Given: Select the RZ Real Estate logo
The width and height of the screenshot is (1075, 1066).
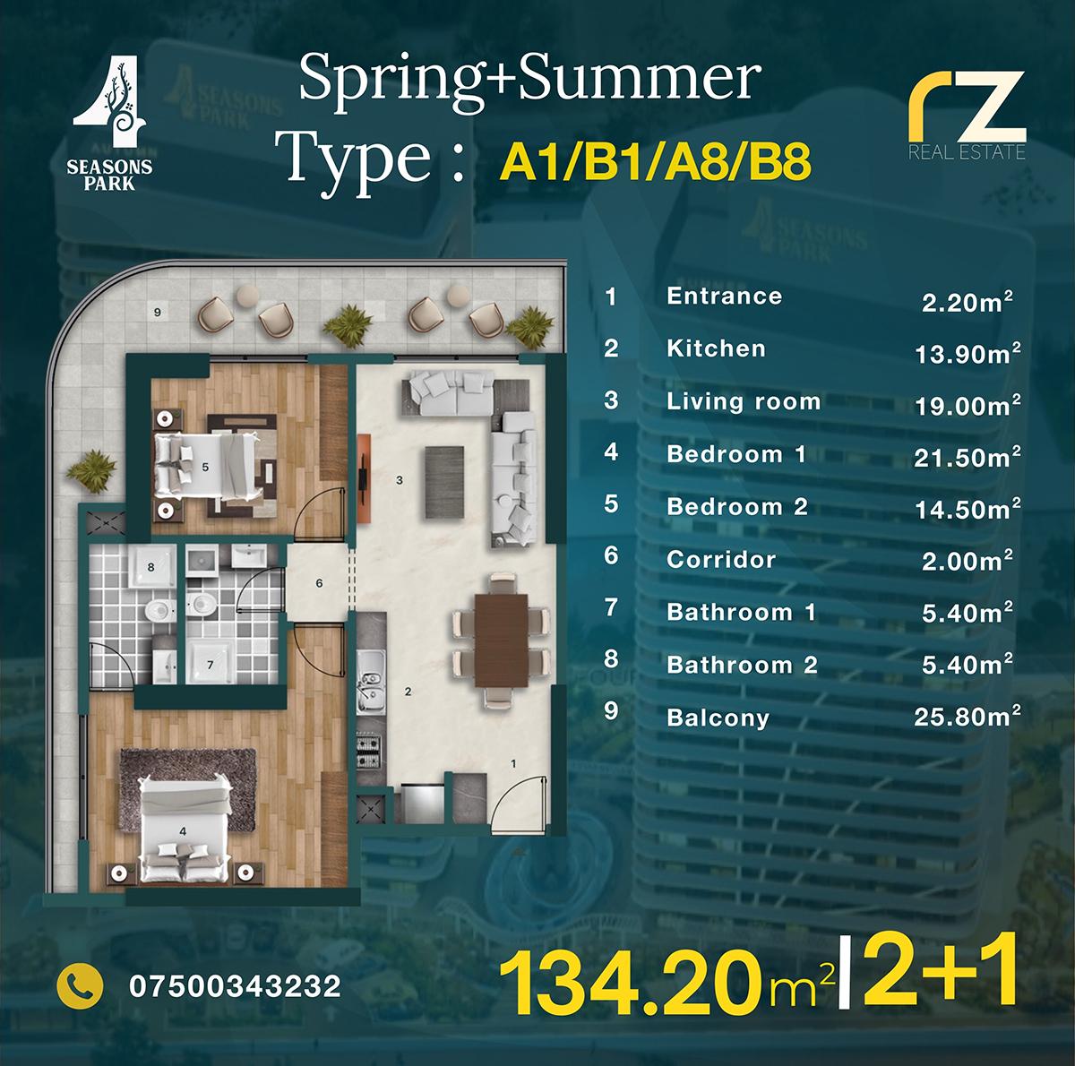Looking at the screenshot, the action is pyautogui.click(x=967, y=115).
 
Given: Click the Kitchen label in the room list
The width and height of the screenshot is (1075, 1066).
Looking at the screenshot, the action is pyautogui.click(x=717, y=348).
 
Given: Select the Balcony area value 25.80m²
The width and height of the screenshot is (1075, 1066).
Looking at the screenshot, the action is pyautogui.click(x=967, y=717).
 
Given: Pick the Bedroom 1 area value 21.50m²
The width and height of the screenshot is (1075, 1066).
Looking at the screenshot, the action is pyautogui.click(x=967, y=457).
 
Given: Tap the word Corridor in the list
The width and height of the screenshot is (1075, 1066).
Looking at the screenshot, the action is pyautogui.click(x=721, y=559).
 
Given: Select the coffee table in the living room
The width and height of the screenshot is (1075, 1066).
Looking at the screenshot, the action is pyautogui.click(x=444, y=482).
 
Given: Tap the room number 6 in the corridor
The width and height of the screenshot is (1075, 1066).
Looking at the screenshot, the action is pyautogui.click(x=319, y=583).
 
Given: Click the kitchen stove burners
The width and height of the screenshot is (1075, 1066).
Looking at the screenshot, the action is pyautogui.click(x=368, y=752).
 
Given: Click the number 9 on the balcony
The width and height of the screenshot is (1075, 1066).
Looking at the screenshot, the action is pyautogui.click(x=158, y=313).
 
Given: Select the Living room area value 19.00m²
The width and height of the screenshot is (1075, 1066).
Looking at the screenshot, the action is pyautogui.click(x=967, y=405).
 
